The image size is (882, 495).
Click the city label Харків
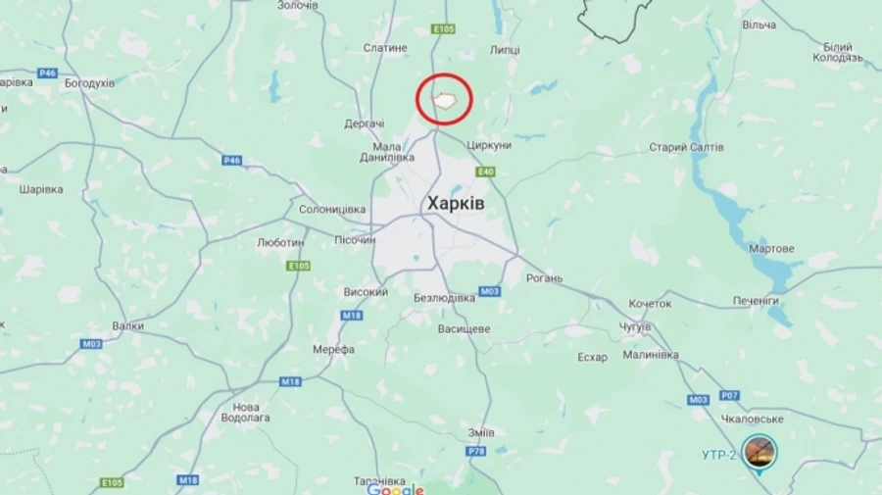tap(456, 203)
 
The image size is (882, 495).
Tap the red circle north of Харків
tap(445, 99)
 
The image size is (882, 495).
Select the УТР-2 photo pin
tap(759, 452)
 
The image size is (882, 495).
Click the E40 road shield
tap(485, 172)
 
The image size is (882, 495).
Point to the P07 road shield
tap(728, 395)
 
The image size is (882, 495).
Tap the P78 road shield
tap(475, 451)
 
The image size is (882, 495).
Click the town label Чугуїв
tap(635, 326)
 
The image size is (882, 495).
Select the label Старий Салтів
tap(686, 147)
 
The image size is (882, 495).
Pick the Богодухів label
tap(89, 83)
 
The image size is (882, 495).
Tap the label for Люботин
tap(279, 241)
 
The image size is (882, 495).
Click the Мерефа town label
tap(334, 349)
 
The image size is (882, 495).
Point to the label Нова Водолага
tap(246, 412)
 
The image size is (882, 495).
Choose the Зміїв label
tap(481, 432)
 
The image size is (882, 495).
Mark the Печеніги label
tap(756, 300)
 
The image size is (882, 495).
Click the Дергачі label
tap(365, 124)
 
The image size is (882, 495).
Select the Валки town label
tap(127, 326)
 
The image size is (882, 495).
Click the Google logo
tap(395, 490)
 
